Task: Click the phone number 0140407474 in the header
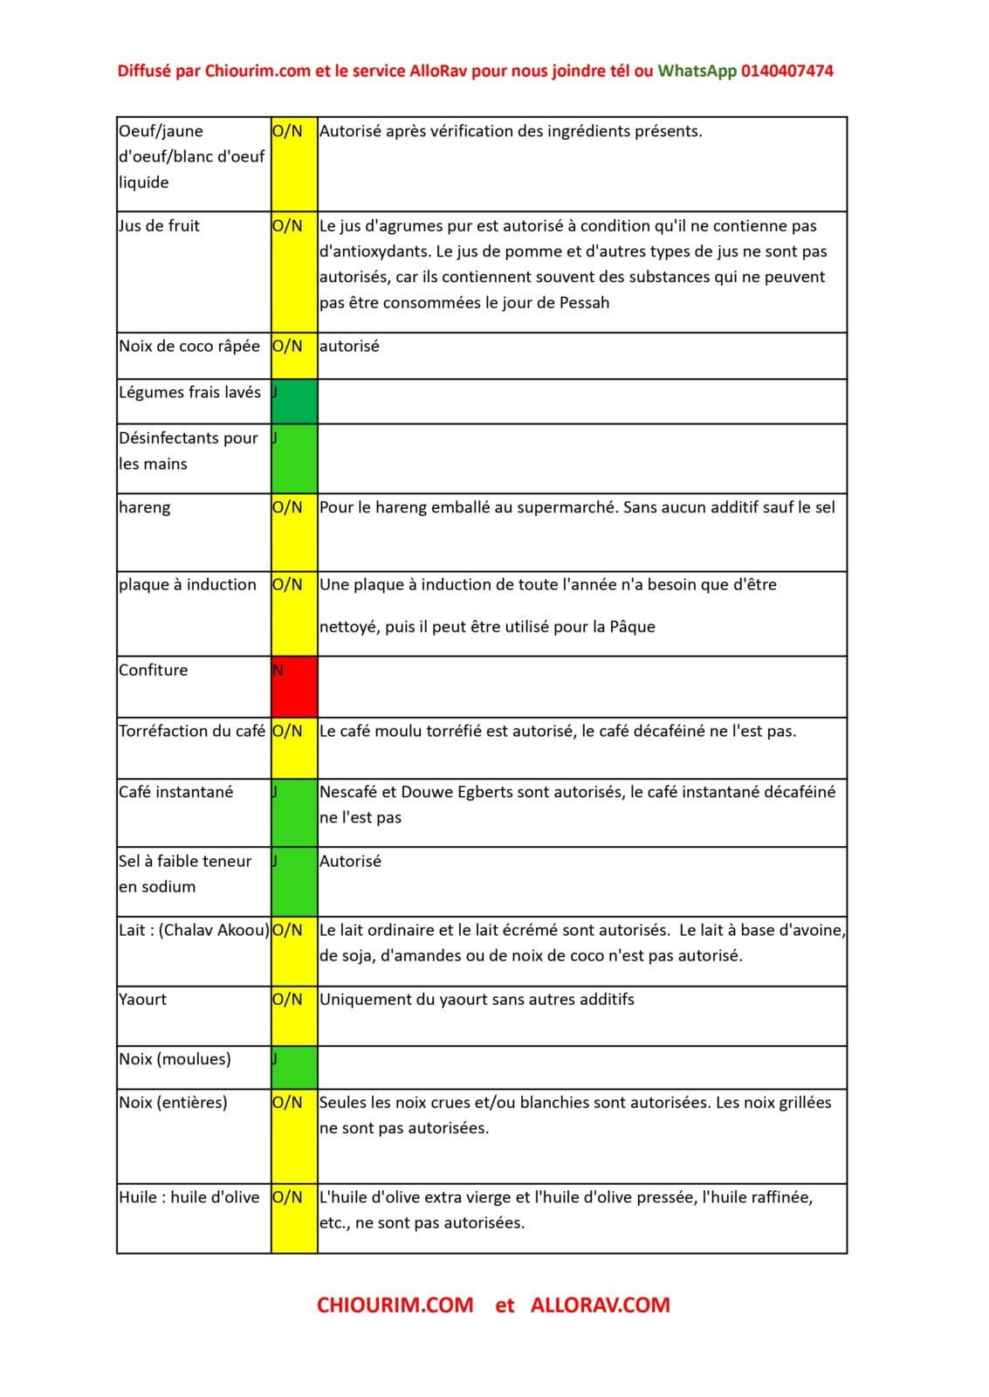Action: pyautogui.click(x=786, y=72)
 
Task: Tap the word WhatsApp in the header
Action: pyautogui.click(x=697, y=72)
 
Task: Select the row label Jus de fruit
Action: pyautogui.click(x=160, y=226)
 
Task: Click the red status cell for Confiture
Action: pyautogui.click(x=294, y=687)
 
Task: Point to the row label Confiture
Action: pyautogui.click(x=154, y=671)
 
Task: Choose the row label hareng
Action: pyautogui.click(x=145, y=507)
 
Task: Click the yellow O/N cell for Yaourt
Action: pyautogui.click(x=294, y=1015)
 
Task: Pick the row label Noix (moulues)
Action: pyautogui.click(x=175, y=1059)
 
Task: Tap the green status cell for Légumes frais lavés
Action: pyautogui.click(x=294, y=402)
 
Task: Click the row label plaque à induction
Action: pyautogui.click(x=188, y=585)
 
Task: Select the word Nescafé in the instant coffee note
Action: pyautogui.click(x=347, y=792)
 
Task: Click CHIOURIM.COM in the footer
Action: pyautogui.click(x=395, y=1305)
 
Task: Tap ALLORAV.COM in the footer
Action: pyautogui.click(x=600, y=1305)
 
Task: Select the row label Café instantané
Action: pyautogui.click(x=176, y=792)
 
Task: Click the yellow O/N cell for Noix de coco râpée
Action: pyautogui.click(x=294, y=355)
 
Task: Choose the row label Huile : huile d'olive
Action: pyautogui.click(x=189, y=1197)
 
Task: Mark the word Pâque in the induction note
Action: pyautogui.click(x=632, y=627)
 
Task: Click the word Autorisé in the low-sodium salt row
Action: pyautogui.click(x=350, y=861)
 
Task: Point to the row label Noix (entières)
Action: pyautogui.click(x=173, y=1103)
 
